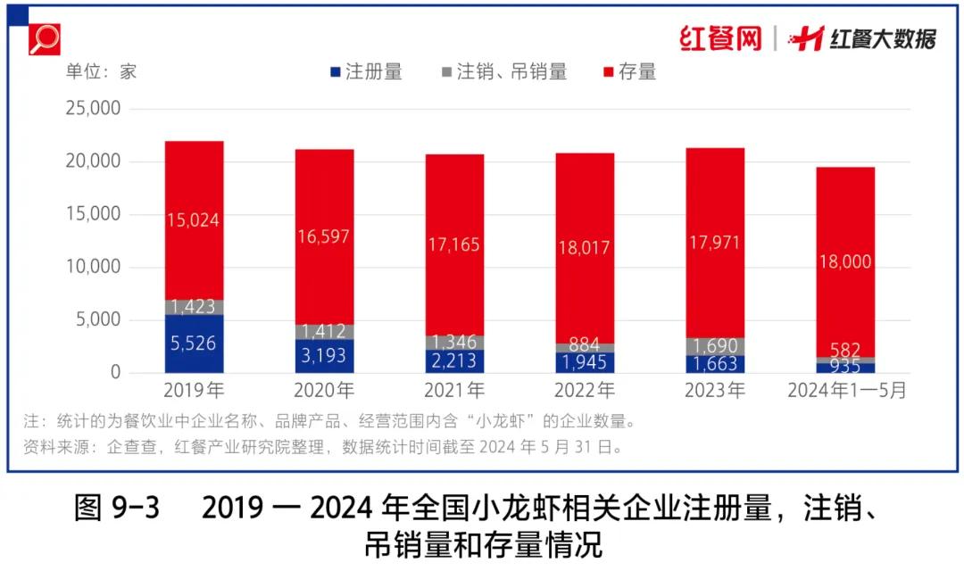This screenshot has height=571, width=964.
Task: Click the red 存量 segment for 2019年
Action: pos(194,219)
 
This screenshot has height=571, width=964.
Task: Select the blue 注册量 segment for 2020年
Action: pos(324,356)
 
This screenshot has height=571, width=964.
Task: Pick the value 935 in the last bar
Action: pos(844,366)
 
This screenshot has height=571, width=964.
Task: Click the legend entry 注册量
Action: pos(366,72)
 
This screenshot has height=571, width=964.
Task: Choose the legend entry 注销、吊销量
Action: pos(504,72)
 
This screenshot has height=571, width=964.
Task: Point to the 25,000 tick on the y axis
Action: pos(92,109)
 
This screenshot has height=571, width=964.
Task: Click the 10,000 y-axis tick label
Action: pos(92,268)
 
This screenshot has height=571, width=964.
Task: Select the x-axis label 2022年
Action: pos(585,391)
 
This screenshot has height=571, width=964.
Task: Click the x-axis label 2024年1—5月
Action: pos(844,391)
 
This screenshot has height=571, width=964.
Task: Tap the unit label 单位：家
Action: pos(102,72)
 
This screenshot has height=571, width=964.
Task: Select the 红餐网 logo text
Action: pos(720,38)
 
